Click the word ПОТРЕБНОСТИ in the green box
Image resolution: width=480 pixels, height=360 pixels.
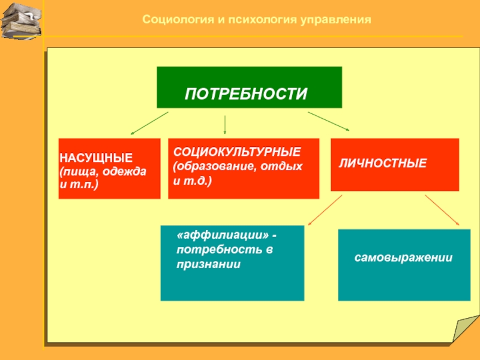245,94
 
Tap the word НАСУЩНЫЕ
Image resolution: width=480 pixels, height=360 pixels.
96,158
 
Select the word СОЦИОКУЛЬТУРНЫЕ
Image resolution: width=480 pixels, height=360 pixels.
238,151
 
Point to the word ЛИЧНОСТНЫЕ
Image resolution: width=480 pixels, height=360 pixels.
383,163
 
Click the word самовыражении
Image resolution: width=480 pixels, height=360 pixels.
403,257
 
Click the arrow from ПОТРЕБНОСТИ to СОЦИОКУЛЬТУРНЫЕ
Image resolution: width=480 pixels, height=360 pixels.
225,124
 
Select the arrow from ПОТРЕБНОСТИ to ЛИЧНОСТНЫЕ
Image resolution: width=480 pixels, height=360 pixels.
328,121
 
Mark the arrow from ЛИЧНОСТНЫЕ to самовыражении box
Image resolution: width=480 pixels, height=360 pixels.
442,210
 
